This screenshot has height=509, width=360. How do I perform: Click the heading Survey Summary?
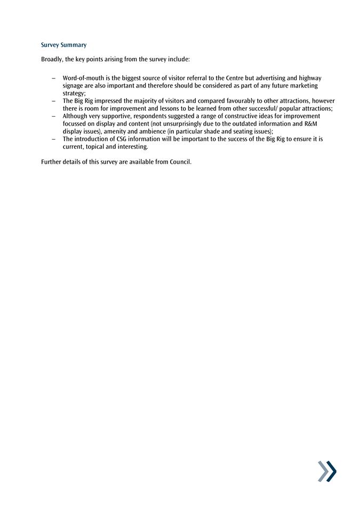[x=63, y=45]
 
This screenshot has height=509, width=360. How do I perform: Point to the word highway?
[x=310, y=78]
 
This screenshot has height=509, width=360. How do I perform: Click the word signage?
[x=73, y=85]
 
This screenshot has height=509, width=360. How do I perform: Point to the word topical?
[x=97, y=147]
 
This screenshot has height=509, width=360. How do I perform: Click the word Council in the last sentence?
[x=180, y=162]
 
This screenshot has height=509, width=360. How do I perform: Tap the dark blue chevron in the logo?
[x=331, y=471]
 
